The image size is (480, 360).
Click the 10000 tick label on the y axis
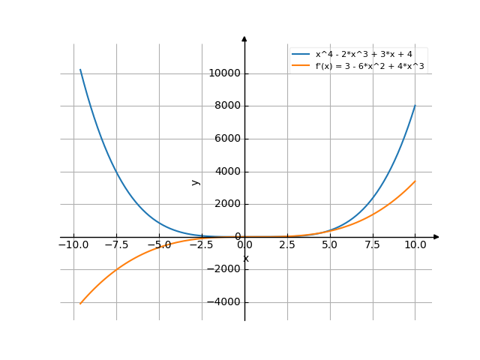pyautogui.click(x=224, y=73)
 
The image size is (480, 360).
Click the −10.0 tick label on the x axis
pyautogui.click(x=73, y=245)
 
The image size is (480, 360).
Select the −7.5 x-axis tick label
pyautogui.click(x=116, y=245)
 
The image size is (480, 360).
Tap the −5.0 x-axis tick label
pyautogui.click(x=159, y=245)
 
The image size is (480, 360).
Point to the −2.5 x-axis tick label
pyautogui.click(x=202, y=245)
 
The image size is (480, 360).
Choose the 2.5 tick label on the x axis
pyautogui.click(x=287, y=245)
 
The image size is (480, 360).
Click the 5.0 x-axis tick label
pyautogui.click(x=330, y=245)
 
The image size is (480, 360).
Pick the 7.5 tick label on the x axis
pyautogui.click(x=373, y=245)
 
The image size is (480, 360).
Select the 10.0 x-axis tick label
pyautogui.click(x=415, y=245)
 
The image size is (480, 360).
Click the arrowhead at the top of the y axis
pyautogui.click(x=244, y=37)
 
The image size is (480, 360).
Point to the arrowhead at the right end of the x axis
pyautogui.click(x=436, y=237)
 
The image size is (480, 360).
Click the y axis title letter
pyautogui.click(x=196, y=181)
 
